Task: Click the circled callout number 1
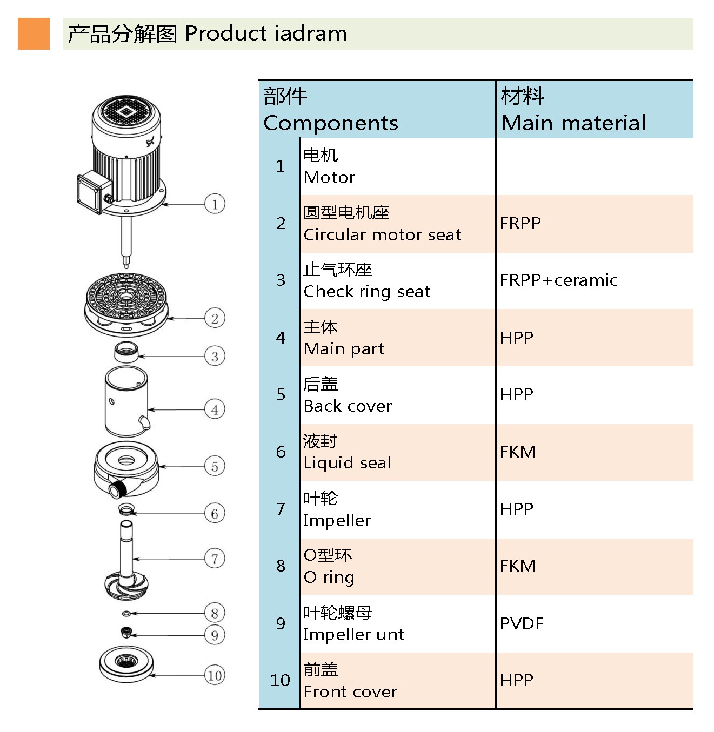(215, 204)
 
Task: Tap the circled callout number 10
(215, 675)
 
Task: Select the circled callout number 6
(215, 513)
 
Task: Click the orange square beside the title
(34, 33)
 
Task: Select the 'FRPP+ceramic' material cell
(558, 280)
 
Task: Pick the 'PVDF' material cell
(522, 623)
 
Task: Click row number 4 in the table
(281, 338)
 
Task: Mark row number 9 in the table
(281, 623)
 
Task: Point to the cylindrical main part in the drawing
(126, 401)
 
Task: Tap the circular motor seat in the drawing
(126, 304)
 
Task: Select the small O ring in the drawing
(126, 614)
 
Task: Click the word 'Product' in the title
(226, 33)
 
